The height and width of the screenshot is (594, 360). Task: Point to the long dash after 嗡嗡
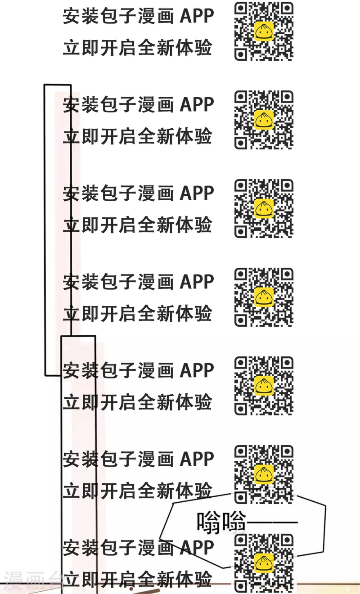pos(273,522)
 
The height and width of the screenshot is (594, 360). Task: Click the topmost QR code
pos(264,31)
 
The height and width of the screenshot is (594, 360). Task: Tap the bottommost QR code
pos(264,563)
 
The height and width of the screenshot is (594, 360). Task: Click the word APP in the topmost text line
pos(197,17)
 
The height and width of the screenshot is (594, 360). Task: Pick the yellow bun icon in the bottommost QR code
pos(264,563)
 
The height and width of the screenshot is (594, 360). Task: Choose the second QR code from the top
pos(264,120)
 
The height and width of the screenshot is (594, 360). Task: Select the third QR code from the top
pos(264,208)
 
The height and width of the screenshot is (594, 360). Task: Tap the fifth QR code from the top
pos(264,386)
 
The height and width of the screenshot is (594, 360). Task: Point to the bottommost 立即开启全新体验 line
pos(137,580)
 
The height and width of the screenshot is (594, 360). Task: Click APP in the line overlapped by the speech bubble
pos(197,548)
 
